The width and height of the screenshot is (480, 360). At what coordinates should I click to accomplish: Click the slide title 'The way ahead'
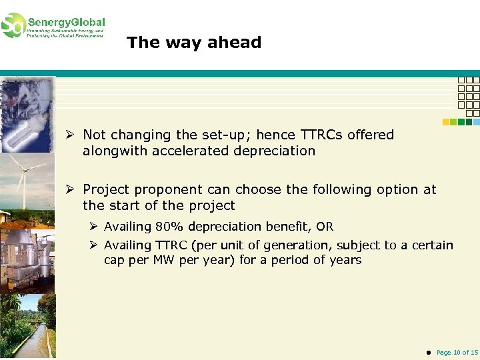(194, 43)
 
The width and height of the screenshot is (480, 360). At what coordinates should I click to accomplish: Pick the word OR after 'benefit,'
(325, 227)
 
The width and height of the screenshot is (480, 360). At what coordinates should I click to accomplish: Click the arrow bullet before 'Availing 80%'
(95, 227)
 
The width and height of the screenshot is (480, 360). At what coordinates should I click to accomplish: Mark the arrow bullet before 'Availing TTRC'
(95, 245)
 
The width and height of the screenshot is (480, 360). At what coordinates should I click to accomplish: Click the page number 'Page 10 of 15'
(457, 352)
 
